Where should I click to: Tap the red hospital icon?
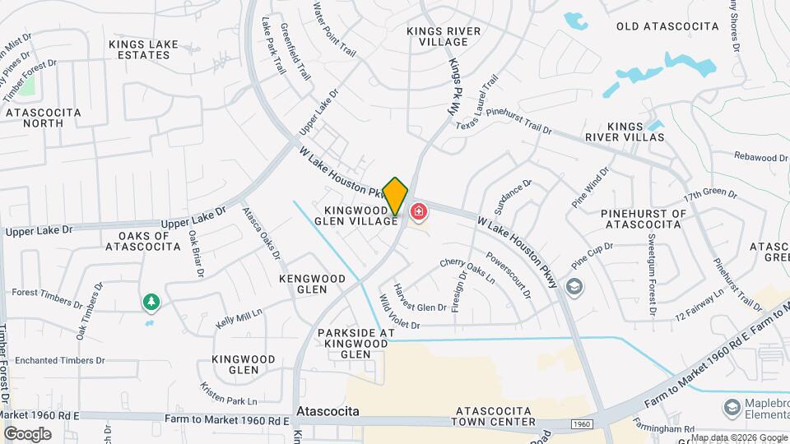click(x=419, y=213)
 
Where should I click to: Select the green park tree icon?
click(x=151, y=303)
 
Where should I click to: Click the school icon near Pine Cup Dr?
click(x=574, y=287)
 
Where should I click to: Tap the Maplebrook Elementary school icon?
click(x=731, y=407)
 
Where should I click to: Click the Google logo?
click(x=28, y=433)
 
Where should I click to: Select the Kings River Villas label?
click(x=635, y=132)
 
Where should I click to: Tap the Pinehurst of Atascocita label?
click(x=644, y=218)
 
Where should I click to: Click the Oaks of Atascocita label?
click(x=138, y=241)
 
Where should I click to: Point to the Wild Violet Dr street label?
click(x=399, y=312)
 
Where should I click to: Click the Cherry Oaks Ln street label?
click(x=467, y=271)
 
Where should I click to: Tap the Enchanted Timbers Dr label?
click(x=60, y=360)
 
